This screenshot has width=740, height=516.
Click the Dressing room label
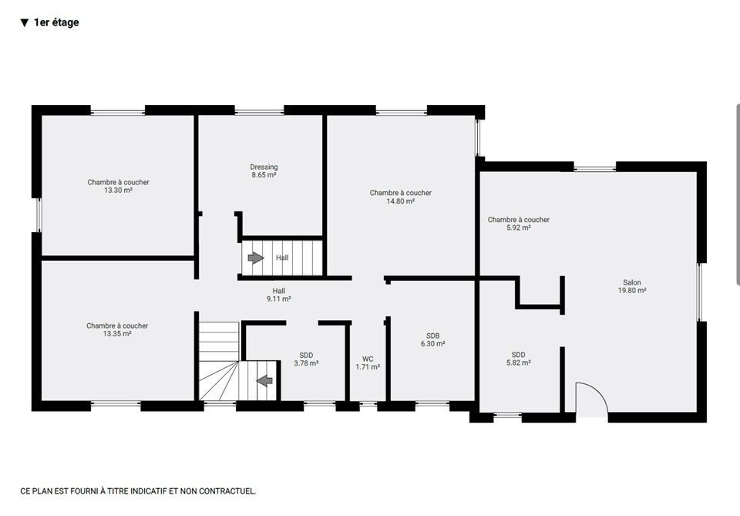264,167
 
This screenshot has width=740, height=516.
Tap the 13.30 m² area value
118,191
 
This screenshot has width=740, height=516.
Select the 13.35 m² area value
117,334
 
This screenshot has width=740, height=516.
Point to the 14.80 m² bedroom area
401,201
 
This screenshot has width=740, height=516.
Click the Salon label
632,282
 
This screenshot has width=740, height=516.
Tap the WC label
368,359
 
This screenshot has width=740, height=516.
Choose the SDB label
432,336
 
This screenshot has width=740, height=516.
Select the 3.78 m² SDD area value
306,363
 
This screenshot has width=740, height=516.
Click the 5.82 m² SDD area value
519,363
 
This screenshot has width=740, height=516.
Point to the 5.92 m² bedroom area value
519,228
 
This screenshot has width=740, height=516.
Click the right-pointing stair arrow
256,258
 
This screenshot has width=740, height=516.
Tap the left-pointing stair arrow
264,380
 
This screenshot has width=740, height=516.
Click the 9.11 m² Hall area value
278,298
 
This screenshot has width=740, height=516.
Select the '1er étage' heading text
56,22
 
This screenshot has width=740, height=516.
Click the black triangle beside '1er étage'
25,22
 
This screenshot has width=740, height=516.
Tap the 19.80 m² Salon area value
632,290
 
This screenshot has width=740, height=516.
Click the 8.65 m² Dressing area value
264,174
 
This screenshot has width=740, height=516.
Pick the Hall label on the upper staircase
282,258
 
